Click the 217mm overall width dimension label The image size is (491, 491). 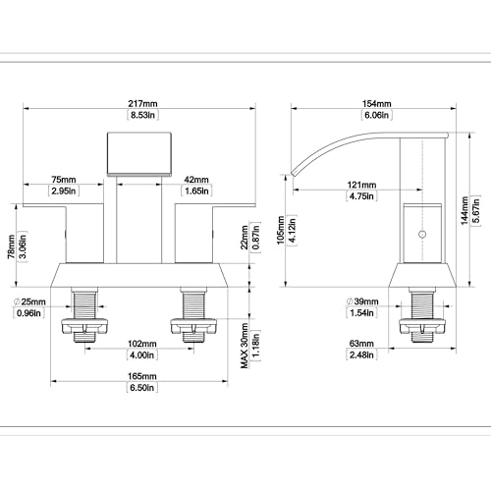click(142, 104)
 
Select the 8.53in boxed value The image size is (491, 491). click(142, 115)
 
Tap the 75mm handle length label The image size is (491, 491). click(64, 180)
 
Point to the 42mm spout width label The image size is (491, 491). click(196, 180)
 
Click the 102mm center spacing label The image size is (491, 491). click(142, 344)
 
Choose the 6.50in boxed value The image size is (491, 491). click(142, 388)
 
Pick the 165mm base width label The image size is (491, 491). click(142, 376)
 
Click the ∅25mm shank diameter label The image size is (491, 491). click(29, 301)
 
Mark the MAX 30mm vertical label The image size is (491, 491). click(245, 346)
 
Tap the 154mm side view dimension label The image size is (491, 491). click(377, 104)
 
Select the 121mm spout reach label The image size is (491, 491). click(361, 185)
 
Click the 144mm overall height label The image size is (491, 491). click(464, 210)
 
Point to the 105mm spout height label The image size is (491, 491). click(281, 230)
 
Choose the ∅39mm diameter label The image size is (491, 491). click(362, 301)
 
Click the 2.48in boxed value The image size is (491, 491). click(361, 355)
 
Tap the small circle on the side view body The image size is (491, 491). click(422, 235)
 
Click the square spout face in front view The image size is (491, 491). click(139, 154)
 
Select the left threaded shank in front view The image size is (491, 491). click(84, 305)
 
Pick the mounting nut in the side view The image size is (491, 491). click(422, 326)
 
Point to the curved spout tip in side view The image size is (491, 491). click(294, 174)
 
